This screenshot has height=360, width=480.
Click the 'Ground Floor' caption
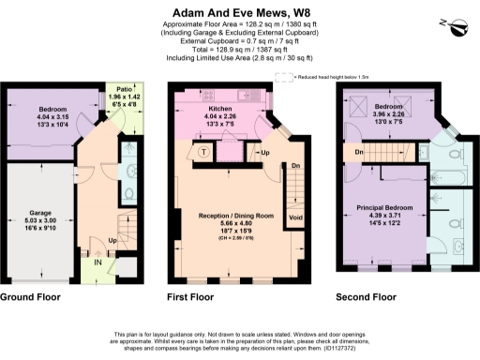[31, 297]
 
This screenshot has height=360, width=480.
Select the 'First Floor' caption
[193, 297]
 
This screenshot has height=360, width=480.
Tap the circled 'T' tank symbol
[204, 152]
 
